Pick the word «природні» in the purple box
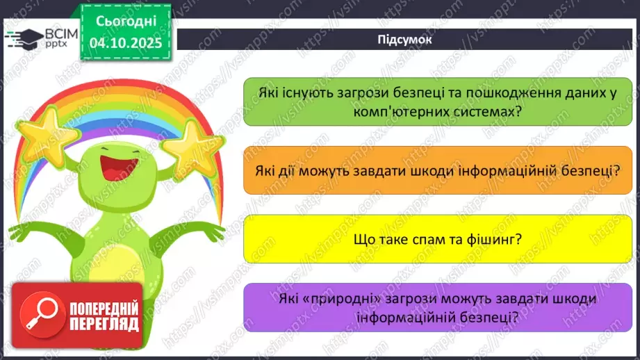[332, 298]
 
